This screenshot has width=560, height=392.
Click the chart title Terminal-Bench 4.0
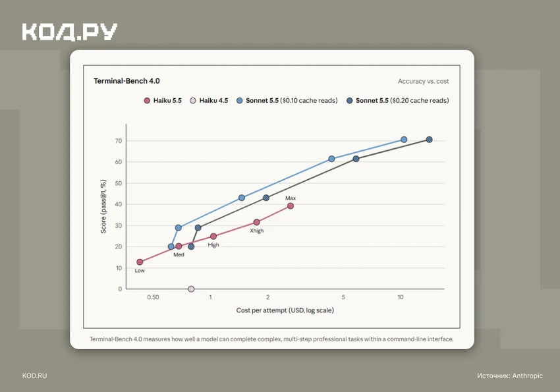(x=126, y=81)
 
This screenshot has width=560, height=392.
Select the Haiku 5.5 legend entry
(x=163, y=101)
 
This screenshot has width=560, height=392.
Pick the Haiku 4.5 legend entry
(x=209, y=101)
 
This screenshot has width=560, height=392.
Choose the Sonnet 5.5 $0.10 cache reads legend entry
(x=287, y=101)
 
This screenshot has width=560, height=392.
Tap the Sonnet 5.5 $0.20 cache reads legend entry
(x=397, y=101)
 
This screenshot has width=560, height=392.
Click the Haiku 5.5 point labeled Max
(x=291, y=206)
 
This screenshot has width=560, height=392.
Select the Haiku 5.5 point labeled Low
(x=140, y=262)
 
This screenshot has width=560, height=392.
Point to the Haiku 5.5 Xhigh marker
(x=256, y=223)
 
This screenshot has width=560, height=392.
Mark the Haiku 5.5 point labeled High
(x=213, y=237)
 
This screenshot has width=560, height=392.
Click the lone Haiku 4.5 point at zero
(x=191, y=289)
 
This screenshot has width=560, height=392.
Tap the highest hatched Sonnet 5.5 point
(x=430, y=140)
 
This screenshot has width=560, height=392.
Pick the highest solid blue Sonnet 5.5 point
(x=404, y=140)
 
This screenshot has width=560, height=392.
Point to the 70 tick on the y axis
(x=119, y=141)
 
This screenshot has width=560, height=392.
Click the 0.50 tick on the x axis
(x=154, y=297)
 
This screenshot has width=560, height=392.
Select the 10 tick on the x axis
(x=401, y=297)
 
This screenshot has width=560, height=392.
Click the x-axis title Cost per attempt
(x=285, y=310)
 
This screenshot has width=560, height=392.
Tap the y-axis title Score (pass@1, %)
(x=103, y=206)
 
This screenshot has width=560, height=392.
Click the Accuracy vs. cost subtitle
(x=423, y=82)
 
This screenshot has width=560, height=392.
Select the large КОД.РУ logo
(x=70, y=32)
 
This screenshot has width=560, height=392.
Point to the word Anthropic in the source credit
(x=528, y=376)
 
